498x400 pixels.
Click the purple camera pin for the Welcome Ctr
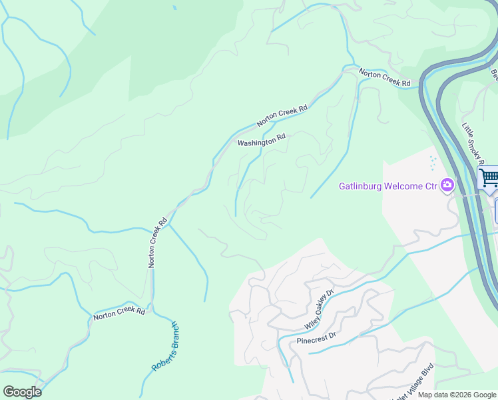coord(447,185)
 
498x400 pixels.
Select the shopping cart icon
coord(488,177)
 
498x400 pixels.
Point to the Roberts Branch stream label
coord(165,347)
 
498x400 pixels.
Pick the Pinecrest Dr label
coord(318,338)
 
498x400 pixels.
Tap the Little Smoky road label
coord(472,142)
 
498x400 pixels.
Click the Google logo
coord(22,391)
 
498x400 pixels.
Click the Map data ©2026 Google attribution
coord(457,395)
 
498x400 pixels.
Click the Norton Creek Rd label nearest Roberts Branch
coord(119,313)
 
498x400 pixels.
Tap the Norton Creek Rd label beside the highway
coord(385,78)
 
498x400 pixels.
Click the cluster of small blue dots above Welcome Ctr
coord(433,163)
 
